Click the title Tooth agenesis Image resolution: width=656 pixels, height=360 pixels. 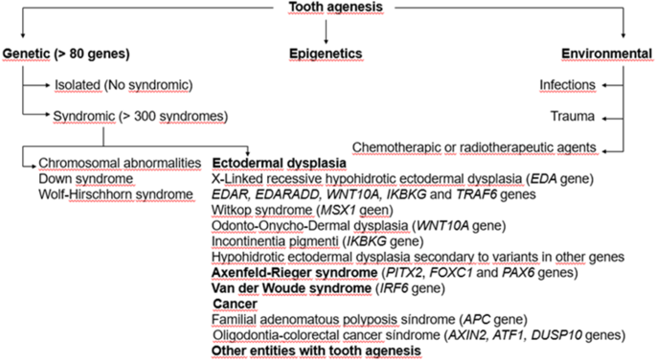(x=327, y=9)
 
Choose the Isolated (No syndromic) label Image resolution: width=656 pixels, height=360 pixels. (x=124, y=85)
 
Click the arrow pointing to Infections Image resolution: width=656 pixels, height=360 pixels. (x=608, y=85)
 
